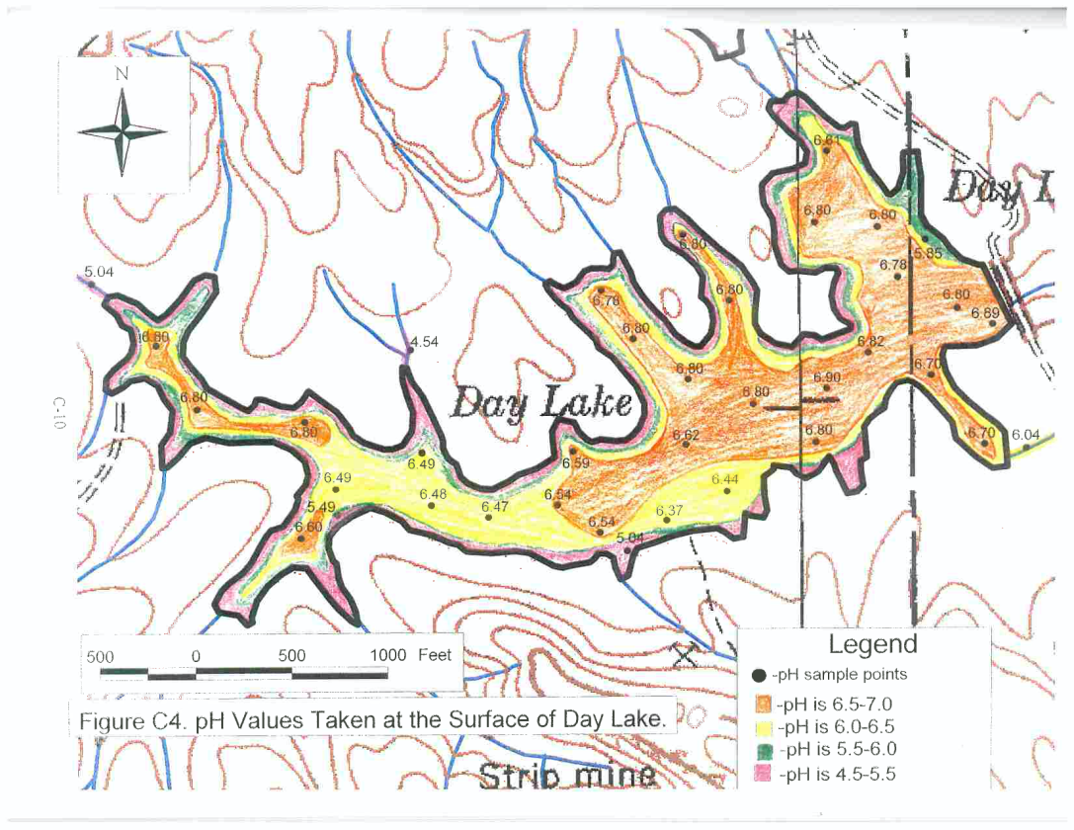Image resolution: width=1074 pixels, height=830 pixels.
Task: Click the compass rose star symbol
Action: [121, 130]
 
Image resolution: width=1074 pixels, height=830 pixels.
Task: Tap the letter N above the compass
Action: [122, 74]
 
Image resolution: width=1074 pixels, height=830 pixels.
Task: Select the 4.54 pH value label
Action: [424, 342]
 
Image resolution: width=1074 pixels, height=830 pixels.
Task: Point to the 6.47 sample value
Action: [495, 506]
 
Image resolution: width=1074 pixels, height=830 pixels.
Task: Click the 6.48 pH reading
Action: [433, 494]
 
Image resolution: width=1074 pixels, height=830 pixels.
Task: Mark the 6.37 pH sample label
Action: [670, 511]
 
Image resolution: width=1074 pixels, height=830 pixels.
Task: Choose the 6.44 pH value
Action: [725, 479]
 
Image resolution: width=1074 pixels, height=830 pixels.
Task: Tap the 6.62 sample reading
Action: [686, 435]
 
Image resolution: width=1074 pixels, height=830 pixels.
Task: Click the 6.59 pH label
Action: [576, 462]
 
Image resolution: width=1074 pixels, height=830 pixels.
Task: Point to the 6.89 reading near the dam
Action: [985, 313]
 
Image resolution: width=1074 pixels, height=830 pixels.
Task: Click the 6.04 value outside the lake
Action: [1026, 435]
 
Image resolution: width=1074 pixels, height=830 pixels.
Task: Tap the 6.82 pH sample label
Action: [871, 341]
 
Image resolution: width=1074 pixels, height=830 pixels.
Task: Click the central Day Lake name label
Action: [540, 403]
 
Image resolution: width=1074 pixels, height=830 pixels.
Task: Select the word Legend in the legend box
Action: [872, 645]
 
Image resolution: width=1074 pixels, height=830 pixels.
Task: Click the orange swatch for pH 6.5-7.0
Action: [761, 705]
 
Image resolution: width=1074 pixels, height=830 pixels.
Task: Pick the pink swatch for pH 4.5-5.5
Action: [761, 775]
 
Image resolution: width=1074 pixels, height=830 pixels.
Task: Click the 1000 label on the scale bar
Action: [389, 655]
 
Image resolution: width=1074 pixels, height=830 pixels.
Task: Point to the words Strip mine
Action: [567, 777]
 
